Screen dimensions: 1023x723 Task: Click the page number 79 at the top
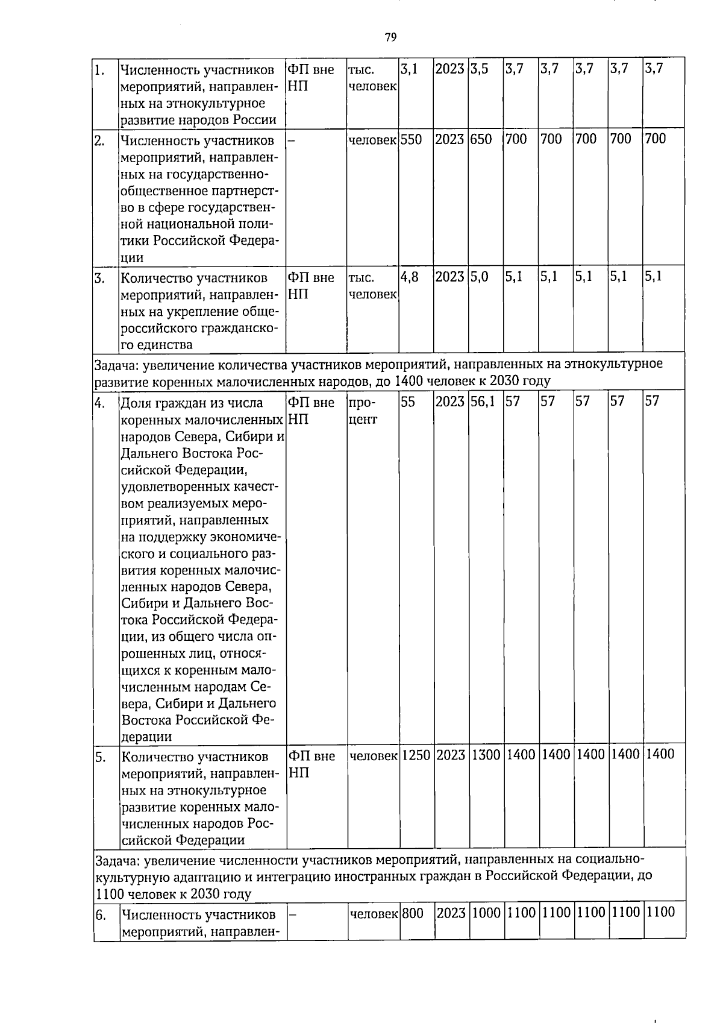(x=390, y=38)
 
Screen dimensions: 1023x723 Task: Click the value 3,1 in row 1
(x=409, y=69)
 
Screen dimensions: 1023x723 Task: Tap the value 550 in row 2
(x=411, y=139)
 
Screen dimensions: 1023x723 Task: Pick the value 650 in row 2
(x=481, y=139)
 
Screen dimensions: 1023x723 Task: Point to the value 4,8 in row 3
(x=410, y=277)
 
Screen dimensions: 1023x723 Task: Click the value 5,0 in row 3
(x=480, y=277)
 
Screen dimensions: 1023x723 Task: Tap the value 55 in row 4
(x=408, y=401)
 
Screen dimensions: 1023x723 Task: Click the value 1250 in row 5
(x=416, y=754)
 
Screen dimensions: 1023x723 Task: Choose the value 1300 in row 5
(x=486, y=754)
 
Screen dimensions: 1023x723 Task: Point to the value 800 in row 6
(x=413, y=913)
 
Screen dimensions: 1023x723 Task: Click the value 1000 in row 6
(x=486, y=913)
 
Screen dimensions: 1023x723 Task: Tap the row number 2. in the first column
(x=101, y=141)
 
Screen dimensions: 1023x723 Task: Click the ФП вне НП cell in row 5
(x=311, y=764)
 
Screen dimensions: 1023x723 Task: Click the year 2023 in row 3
(x=450, y=277)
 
